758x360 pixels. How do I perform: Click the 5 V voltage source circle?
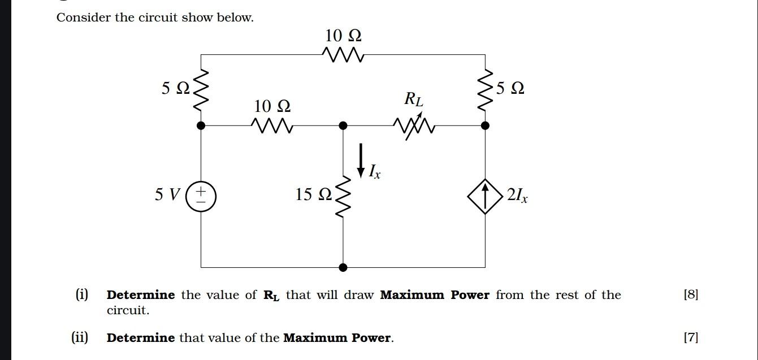pos(201,196)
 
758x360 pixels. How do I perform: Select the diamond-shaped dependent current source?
pos(485,196)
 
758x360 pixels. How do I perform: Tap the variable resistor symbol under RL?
pos(415,126)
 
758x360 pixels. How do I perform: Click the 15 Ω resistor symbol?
pos(343,196)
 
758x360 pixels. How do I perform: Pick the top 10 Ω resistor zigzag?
pos(343,55)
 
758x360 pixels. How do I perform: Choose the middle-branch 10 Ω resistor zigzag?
pos(272,125)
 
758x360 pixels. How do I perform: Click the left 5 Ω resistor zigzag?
pos(201,90)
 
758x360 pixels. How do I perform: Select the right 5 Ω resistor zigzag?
pos(485,90)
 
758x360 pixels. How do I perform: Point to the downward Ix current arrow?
pos(361,160)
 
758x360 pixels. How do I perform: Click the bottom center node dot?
pos(343,267)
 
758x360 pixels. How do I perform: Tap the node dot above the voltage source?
pos(201,125)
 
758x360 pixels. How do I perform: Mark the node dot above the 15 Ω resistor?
pos(343,125)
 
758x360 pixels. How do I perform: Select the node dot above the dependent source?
pos(485,125)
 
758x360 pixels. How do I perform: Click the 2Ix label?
pos(517,196)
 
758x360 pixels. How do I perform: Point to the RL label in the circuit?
pos(413,99)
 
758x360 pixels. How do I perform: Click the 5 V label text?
pos(167,195)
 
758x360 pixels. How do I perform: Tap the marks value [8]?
pos(691,294)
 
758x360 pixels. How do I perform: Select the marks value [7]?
pos(691,338)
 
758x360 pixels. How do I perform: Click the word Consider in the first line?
pos(84,18)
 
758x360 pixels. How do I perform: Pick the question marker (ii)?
pos(80,338)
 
